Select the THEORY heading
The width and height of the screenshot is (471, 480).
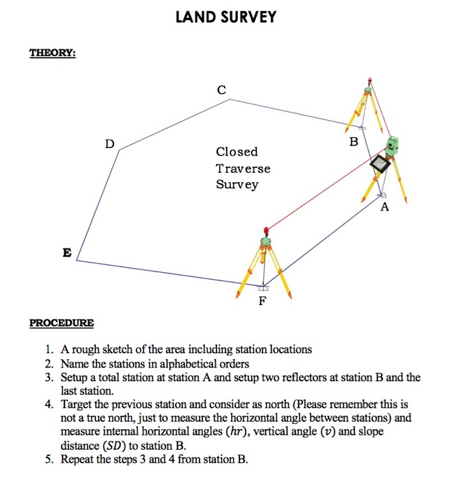click(x=52, y=53)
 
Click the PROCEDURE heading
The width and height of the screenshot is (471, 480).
click(x=62, y=322)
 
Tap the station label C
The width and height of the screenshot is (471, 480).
click(x=221, y=89)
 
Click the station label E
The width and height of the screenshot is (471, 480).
click(x=67, y=252)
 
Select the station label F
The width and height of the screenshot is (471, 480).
click(x=261, y=302)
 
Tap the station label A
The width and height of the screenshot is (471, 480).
click(x=384, y=207)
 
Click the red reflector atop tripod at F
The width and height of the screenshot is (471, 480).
click(x=265, y=230)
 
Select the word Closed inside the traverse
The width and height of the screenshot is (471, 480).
click(x=237, y=152)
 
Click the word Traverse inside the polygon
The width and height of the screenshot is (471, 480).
click(x=243, y=168)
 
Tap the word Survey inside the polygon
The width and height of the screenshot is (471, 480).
click(x=237, y=184)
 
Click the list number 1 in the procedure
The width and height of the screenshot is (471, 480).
click(x=48, y=349)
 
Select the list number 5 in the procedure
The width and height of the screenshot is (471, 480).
click(x=48, y=459)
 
